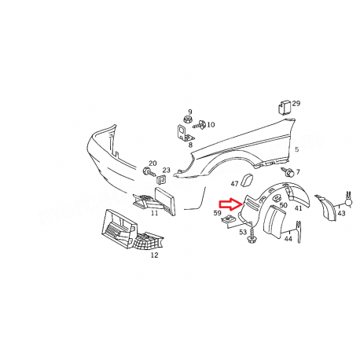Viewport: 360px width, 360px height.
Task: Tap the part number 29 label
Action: pyautogui.click(x=296, y=103)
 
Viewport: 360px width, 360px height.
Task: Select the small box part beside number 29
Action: pyautogui.click(x=284, y=106)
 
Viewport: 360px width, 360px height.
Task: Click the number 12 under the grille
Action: pyautogui.click(x=154, y=255)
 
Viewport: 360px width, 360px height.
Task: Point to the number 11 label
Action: pyautogui.click(x=154, y=214)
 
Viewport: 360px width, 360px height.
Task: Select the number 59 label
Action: pyautogui.click(x=217, y=212)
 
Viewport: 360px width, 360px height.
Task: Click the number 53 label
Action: pyautogui.click(x=242, y=232)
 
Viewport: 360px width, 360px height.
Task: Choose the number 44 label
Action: pyautogui.click(x=288, y=238)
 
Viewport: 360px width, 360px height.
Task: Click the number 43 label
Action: pyautogui.click(x=341, y=213)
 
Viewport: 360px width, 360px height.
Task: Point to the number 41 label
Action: pyautogui.click(x=298, y=208)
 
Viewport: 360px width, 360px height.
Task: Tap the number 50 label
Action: pyautogui.click(x=283, y=205)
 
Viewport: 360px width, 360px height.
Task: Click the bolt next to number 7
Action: pyautogui.click(x=289, y=172)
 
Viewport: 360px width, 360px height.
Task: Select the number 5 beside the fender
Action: pyautogui.click(x=297, y=149)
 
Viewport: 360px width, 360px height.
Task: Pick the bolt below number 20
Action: pyautogui.click(x=148, y=171)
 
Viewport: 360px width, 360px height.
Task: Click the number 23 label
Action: pyautogui.click(x=166, y=170)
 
